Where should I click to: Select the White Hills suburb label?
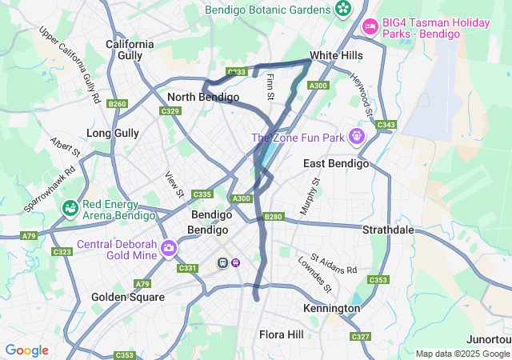tap(336, 55)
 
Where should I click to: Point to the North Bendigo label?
tap(203, 97)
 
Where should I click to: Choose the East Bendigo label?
tap(336, 163)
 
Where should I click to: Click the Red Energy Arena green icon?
tap(70, 209)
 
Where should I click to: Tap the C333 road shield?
tap(236, 72)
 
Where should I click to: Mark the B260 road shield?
tap(117, 104)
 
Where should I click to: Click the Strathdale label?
tap(388, 230)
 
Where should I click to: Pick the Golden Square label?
tap(128, 297)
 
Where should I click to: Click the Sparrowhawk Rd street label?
tap(49, 188)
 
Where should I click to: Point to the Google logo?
tap(26, 350)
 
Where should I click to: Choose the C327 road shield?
tap(361, 337)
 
